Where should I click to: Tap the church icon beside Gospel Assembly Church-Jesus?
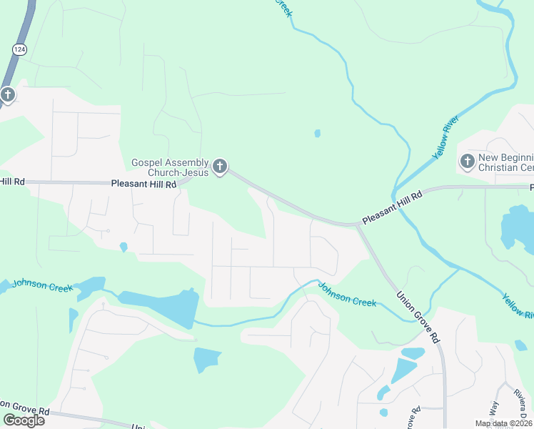[x=220, y=167]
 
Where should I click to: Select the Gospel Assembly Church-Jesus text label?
[x=170, y=167]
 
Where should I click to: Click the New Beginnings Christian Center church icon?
[x=468, y=161]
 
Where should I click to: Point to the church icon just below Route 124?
[x=7, y=94]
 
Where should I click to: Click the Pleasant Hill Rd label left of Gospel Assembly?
[x=143, y=184]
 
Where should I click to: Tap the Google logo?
[x=24, y=420]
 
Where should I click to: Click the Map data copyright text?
[x=504, y=423]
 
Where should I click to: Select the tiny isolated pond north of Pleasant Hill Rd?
[x=317, y=133]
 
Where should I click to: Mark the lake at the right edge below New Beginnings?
[x=517, y=229]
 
